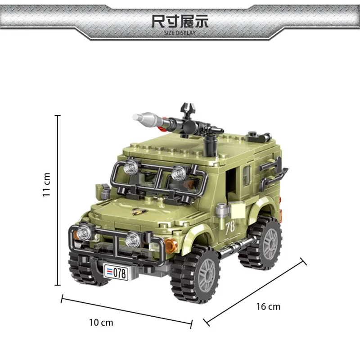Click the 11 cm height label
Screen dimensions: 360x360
pos(46,185)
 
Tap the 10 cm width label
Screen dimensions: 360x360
pos(101,323)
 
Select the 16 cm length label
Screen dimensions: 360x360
pos(268,307)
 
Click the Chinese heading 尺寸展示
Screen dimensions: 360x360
pos(180,22)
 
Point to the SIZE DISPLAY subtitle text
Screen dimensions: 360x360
pos(180,33)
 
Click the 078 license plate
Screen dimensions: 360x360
pos(116,273)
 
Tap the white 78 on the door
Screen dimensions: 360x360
pos(230,228)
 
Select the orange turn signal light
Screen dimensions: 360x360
pos(171,246)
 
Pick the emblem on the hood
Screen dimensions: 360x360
pos(140,211)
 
